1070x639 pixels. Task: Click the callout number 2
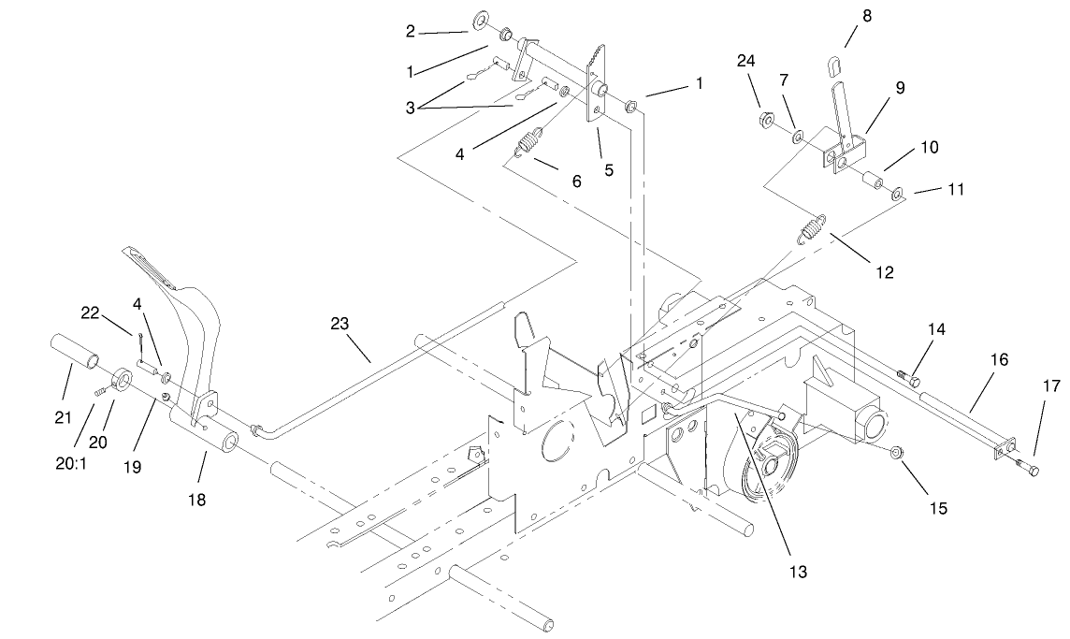click(410, 31)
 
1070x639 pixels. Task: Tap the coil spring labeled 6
click(530, 143)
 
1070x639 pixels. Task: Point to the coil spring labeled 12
click(811, 228)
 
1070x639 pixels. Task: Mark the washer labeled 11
click(897, 195)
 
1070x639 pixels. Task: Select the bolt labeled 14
click(910, 378)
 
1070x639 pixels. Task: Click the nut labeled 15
click(895, 453)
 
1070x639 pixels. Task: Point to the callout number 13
click(797, 571)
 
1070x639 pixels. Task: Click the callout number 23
click(339, 324)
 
